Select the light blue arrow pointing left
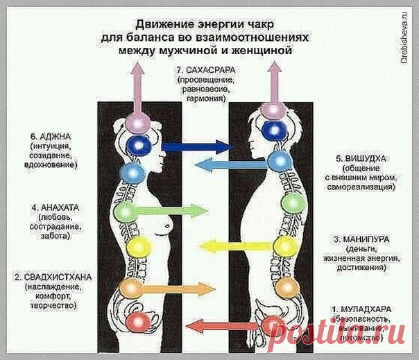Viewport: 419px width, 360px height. coord(218,164)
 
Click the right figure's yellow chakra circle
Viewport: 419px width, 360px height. coord(284,246)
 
